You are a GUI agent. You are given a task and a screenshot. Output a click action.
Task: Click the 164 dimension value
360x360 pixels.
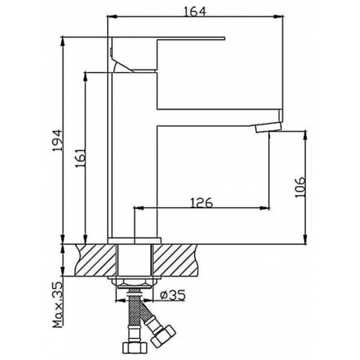[x=195, y=12]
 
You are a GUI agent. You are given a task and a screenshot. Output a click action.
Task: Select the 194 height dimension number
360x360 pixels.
[x=57, y=140]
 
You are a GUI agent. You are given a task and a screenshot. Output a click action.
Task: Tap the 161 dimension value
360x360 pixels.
[x=81, y=158]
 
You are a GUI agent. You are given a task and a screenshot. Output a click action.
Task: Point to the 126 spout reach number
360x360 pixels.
[x=202, y=203]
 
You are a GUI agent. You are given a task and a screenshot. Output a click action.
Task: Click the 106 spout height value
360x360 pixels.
[x=300, y=187]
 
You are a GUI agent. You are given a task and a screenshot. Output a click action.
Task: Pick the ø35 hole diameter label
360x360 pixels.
[x=173, y=295]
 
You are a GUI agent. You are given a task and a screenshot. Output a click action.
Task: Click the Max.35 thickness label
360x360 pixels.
[x=58, y=305]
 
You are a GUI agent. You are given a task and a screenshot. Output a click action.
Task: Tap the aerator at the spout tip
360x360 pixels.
[x=268, y=128]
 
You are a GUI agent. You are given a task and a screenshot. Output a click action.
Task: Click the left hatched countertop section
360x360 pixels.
[x=95, y=260]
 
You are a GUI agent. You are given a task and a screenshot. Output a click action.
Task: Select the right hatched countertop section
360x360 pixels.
[x=175, y=260]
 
